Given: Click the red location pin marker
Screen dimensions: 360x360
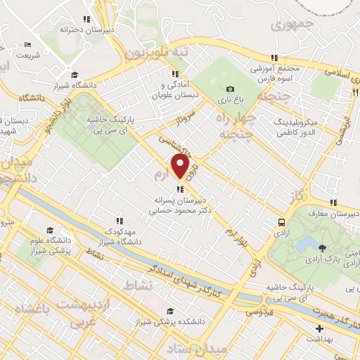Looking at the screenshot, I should (x=181, y=167).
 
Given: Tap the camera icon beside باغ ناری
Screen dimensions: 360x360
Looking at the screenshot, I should (x=229, y=89).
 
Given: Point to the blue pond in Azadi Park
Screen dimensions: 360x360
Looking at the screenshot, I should (x=307, y=245).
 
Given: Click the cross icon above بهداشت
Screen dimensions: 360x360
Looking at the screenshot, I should (x=319, y=328).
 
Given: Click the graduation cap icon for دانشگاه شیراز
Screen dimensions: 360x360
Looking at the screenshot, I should (x=74, y=75).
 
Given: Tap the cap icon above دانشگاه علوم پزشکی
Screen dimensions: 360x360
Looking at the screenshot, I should (x=50, y=231).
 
